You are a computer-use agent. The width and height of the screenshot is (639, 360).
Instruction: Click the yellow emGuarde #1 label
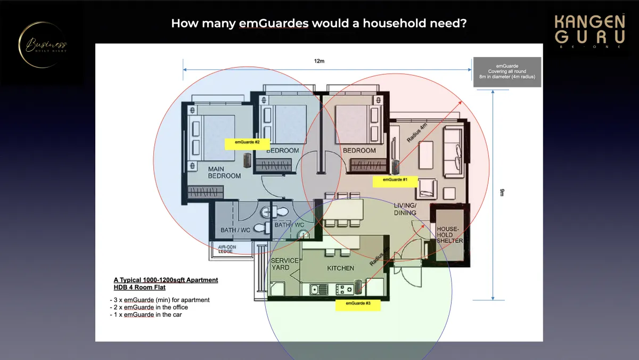click(395, 180)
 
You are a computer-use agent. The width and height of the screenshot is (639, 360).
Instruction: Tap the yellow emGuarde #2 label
click(247, 143)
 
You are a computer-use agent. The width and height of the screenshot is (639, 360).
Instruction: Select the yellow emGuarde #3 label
click(358, 304)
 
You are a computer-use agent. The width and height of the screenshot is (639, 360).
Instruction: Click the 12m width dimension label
click(319, 61)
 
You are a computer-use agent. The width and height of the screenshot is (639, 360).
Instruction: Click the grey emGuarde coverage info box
click(507, 72)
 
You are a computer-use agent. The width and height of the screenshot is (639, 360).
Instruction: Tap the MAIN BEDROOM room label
click(224, 172)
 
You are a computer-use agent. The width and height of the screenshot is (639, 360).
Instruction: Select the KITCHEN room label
click(340, 268)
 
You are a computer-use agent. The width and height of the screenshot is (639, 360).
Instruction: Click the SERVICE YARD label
click(285, 264)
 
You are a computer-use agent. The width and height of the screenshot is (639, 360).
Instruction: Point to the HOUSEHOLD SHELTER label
click(450, 235)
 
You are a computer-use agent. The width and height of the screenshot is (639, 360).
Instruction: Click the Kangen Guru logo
click(589, 31)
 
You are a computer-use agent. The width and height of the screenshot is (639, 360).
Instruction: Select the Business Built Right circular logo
click(43, 45)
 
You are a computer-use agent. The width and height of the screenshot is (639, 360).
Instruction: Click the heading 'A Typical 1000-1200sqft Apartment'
click(166, 280)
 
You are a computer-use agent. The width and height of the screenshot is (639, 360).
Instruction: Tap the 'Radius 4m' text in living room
click(417, 132)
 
